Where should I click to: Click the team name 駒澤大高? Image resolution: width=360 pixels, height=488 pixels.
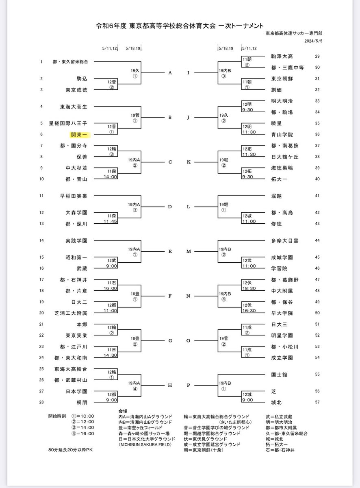[x=282, y=56]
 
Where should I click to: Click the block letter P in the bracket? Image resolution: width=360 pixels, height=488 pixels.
[x=188, y=385]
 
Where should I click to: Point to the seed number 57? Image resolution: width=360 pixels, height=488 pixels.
[x=317, y=401]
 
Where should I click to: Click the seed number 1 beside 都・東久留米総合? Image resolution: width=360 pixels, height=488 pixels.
[x=41, y=62]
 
